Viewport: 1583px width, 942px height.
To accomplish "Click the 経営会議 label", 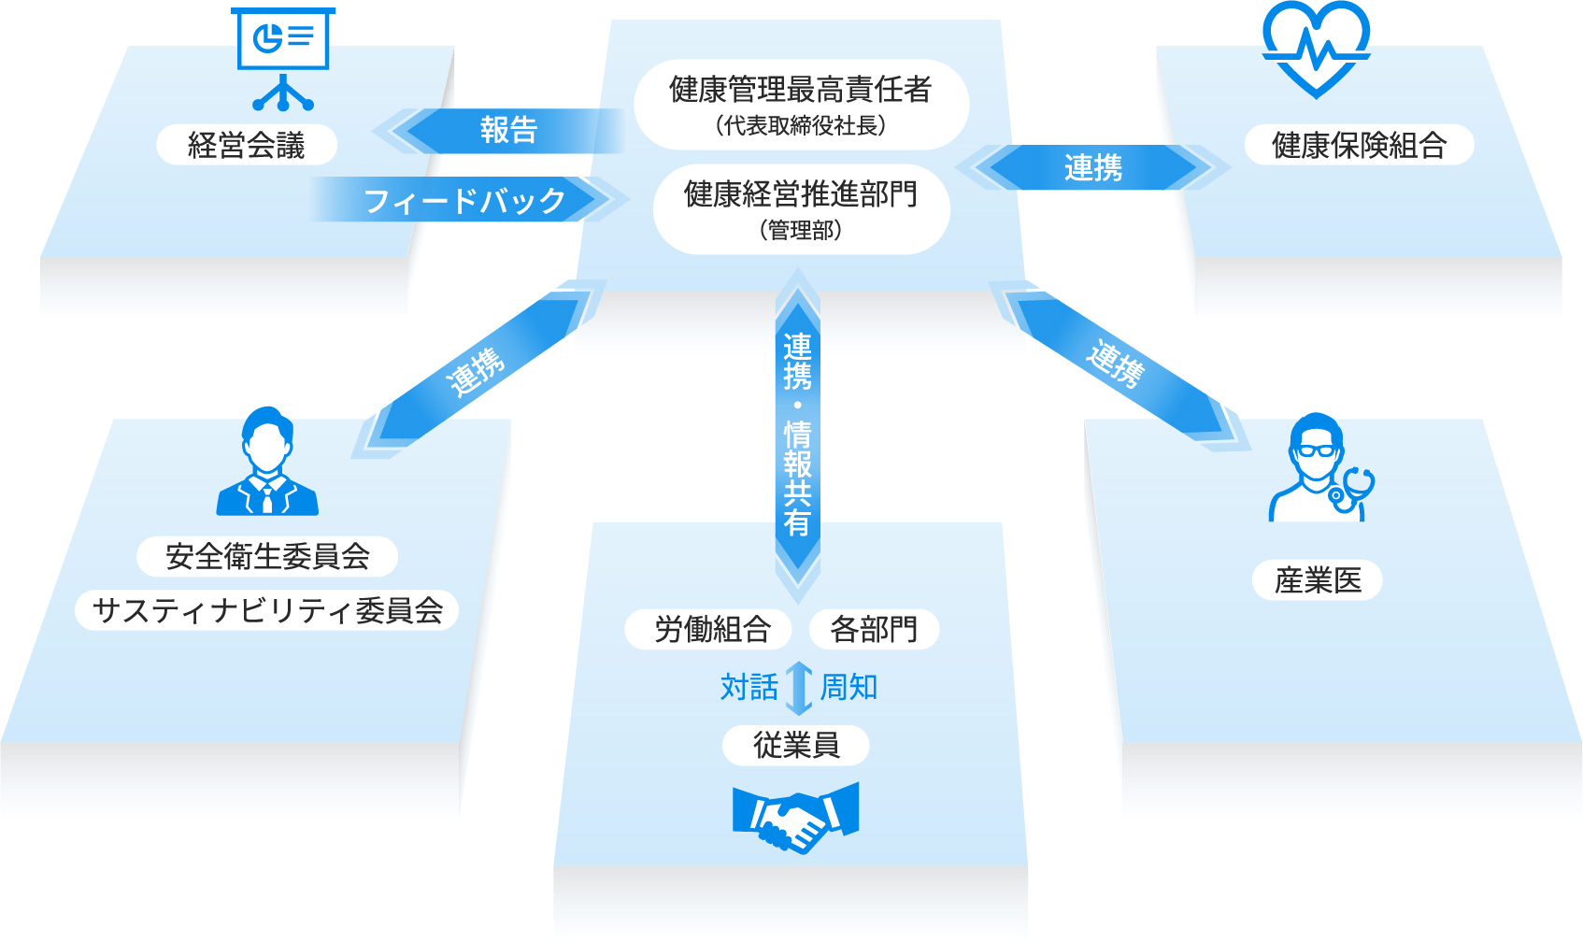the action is point(247,145).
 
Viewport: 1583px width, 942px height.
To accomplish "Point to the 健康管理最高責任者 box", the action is point(802,105).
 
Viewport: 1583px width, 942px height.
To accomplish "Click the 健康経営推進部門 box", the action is point(802,209).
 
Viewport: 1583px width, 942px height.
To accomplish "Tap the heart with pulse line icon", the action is point(1316,49).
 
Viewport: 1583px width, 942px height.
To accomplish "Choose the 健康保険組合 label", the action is point(1359,145).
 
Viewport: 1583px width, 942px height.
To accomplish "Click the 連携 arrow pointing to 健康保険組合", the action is point(1092,167).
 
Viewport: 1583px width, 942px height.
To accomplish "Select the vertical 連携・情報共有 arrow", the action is point(798,436).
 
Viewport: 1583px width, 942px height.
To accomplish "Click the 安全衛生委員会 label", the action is point(267,556).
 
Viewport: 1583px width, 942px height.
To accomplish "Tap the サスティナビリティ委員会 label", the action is point(267,610).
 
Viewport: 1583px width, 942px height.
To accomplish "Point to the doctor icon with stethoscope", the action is point(1320,468).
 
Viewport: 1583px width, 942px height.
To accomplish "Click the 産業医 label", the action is point(1318,580).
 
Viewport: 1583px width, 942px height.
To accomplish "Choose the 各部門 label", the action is point(874,629).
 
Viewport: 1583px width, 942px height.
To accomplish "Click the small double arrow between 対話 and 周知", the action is point(799,688).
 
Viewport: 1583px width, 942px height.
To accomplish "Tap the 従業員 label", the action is point(796,745).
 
